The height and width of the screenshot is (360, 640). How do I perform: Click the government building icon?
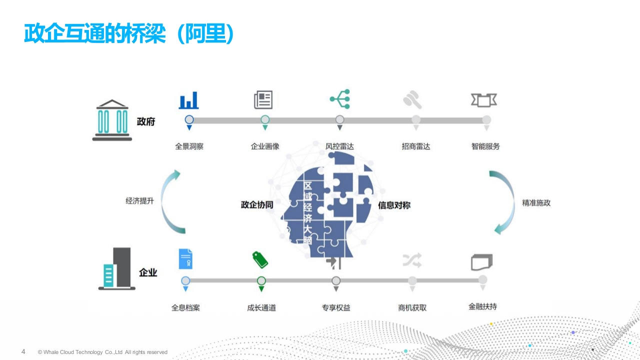coord(112,120)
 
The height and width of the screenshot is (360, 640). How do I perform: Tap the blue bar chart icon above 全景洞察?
coord(188,100)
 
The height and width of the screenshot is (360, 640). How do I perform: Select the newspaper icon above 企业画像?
coord(263,99)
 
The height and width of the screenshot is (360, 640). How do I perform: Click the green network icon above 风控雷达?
coord(340,99)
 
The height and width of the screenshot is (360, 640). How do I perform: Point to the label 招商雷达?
coord(415,146)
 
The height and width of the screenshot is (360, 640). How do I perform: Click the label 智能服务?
coord(485,146)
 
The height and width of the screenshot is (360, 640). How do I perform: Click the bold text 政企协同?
coord(257,204)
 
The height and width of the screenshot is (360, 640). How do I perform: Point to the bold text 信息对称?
coord(394,205)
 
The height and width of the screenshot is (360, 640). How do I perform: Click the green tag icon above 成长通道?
coord(260,259)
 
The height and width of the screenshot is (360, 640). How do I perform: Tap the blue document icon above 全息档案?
coord(185,259)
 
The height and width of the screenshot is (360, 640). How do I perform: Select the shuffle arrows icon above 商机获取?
coord(412,260)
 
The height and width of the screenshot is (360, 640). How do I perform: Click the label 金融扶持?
coord(482,306)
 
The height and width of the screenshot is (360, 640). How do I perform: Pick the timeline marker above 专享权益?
coord(336,281)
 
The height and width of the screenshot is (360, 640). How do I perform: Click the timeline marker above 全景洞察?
coord(189,119)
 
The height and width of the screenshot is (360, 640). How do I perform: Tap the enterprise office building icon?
coord(116,268)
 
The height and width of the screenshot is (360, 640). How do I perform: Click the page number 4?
coord(23,351)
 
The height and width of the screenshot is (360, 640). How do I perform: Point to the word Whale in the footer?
coord(50,352)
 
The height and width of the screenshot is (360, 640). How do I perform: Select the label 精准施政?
coord(536,203)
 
